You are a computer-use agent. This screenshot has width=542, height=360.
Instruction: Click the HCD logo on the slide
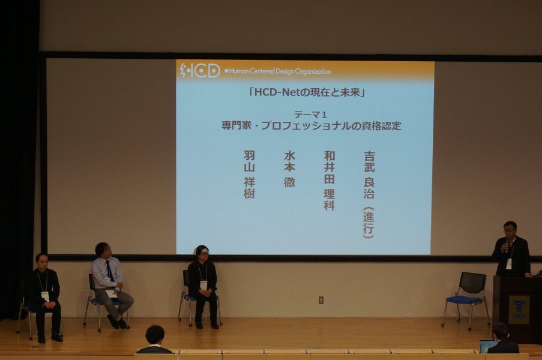[x=200, y=70]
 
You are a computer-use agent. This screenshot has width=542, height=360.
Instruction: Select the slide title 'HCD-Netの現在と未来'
[x=307, y=92]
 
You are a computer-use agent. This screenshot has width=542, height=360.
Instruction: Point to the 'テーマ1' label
[x=310, y=114]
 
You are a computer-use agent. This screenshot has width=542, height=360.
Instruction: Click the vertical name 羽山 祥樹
[x=249, y=175]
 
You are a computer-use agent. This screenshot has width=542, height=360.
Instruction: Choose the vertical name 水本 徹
[x=289, y=169]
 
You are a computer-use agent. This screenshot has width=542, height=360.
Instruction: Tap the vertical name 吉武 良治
[x=369, y=175]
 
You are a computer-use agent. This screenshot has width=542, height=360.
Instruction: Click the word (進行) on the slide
[x=369, y=223]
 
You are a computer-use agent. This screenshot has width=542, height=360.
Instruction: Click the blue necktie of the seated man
[x=110, y=271]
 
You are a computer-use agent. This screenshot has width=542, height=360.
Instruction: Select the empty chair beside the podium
[x=466, y=299]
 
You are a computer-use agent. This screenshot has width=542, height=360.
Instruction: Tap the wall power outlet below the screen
[x=321, y=300]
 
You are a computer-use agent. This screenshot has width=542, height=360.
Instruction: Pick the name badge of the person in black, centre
[x=203, y=285]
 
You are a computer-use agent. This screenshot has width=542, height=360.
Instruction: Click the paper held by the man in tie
[x=111, y=293]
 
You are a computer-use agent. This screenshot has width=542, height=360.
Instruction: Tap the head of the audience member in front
[x=155, y=335]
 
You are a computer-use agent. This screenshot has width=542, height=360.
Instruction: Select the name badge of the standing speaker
[x=509, y=264]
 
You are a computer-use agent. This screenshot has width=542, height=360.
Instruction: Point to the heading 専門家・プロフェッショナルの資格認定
[x=311, y=126]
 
